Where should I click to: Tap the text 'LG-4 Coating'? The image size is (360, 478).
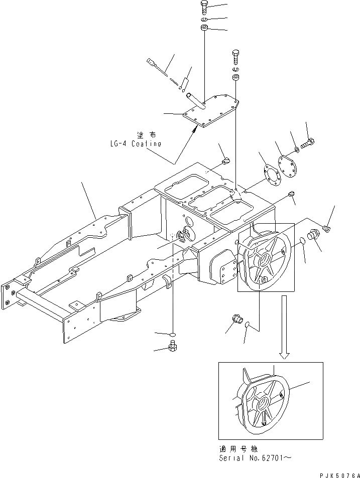click(x=136, y=143)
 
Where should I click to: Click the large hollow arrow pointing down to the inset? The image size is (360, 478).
click(x=284, y=327)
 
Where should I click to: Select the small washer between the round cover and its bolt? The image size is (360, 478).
click(x=297, y=150)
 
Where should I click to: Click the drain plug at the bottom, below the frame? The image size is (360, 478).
click(x=172, y=346)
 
